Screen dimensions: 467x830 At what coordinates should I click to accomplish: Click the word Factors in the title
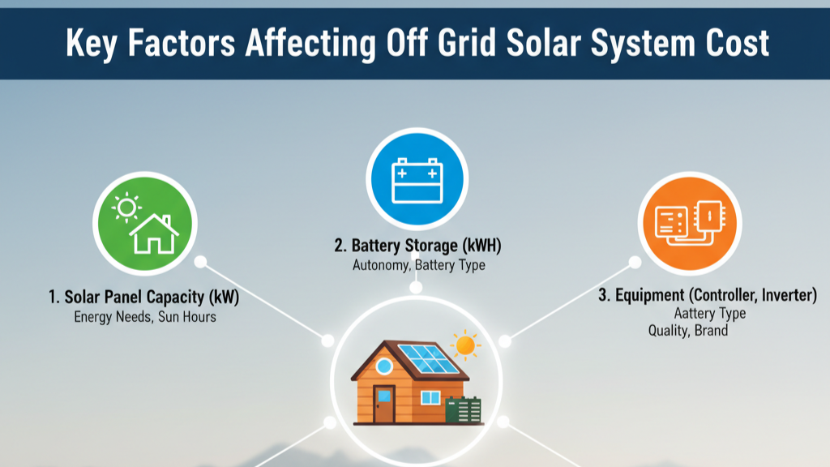[x=186, y=43]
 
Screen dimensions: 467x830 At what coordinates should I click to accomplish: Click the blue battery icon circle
[x=416, y=177]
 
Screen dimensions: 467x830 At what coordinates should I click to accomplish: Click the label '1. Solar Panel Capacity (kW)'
[x=144, y=297]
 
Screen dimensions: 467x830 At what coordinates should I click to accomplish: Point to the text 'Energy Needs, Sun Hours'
[x=145, y=316]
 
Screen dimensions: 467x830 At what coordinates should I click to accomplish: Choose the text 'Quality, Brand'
[x=688, y=331]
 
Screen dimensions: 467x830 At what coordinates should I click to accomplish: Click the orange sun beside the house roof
[x=465, y=345]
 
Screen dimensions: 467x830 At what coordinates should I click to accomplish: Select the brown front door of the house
[x=384, y=403]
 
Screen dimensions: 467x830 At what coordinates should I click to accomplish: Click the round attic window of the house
[x=384, y=366]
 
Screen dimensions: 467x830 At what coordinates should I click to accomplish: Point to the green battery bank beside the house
[x=464, y=409]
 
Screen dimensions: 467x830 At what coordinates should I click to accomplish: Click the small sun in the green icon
[x=126, y=208]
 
